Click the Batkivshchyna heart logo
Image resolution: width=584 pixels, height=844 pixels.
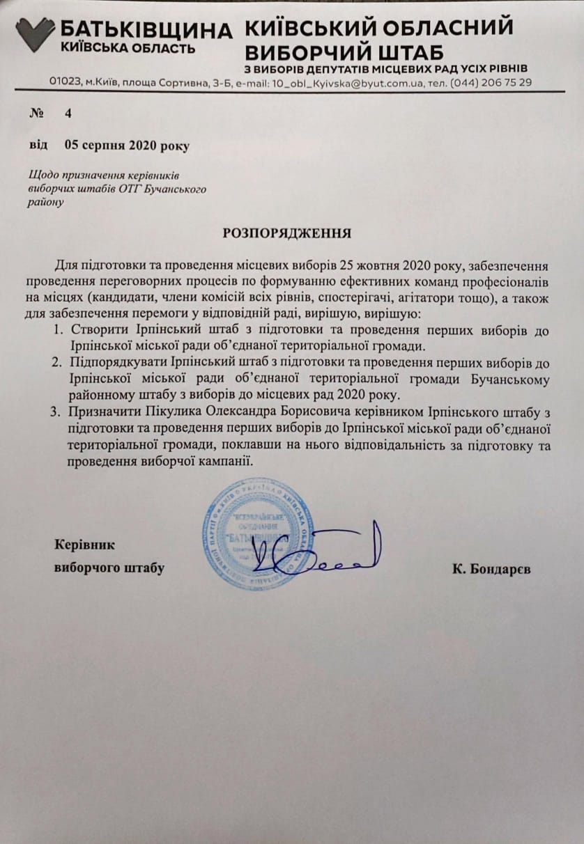[x=35, y=33]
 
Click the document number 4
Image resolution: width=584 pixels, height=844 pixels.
[x=68, y=114]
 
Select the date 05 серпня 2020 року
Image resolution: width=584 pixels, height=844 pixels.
[x=126, y=145]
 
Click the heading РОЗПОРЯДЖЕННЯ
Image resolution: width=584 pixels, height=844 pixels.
[x=287, y=232]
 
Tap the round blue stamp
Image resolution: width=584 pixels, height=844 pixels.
[x=258, y=533]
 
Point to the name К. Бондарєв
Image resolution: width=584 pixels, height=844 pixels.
[x=491, y=568]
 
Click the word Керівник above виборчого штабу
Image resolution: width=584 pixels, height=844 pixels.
[x=84, y=545]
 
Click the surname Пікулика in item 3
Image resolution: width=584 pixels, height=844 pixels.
[x=162, y=411]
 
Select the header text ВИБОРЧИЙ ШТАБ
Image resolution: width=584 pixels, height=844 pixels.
[x=344, y=52]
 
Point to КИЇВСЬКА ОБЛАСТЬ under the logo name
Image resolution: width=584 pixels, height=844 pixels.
[x=128, y=48]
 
